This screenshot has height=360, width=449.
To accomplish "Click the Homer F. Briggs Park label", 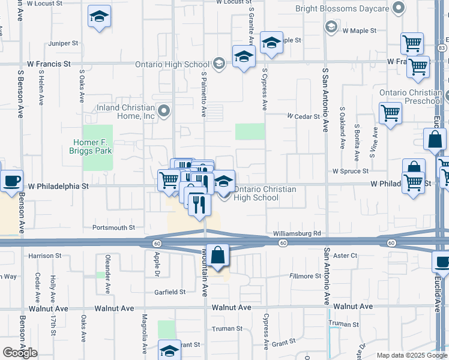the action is (92, 146).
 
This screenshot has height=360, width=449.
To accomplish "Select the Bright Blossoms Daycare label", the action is (342, 8).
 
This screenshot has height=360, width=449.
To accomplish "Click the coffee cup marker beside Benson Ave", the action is (11, 180).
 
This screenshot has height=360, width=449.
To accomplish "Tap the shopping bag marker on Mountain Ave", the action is (218, 256).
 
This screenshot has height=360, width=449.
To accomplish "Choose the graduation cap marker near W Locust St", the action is (99, 17).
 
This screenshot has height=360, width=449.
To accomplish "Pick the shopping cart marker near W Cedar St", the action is (390, 112).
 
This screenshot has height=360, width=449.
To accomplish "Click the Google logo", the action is (20, 352).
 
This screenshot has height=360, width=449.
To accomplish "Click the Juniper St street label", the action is (64, 43).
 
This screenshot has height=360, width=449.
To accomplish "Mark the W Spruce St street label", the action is (351, 171).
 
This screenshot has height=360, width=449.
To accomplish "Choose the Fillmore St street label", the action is (306, 276).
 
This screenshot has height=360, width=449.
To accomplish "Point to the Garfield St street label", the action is (170, 292).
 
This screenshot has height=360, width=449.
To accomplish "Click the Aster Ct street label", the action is (345, 256).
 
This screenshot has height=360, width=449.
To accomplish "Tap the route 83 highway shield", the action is (442, 47).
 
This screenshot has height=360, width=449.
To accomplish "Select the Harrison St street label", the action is (45, 256).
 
